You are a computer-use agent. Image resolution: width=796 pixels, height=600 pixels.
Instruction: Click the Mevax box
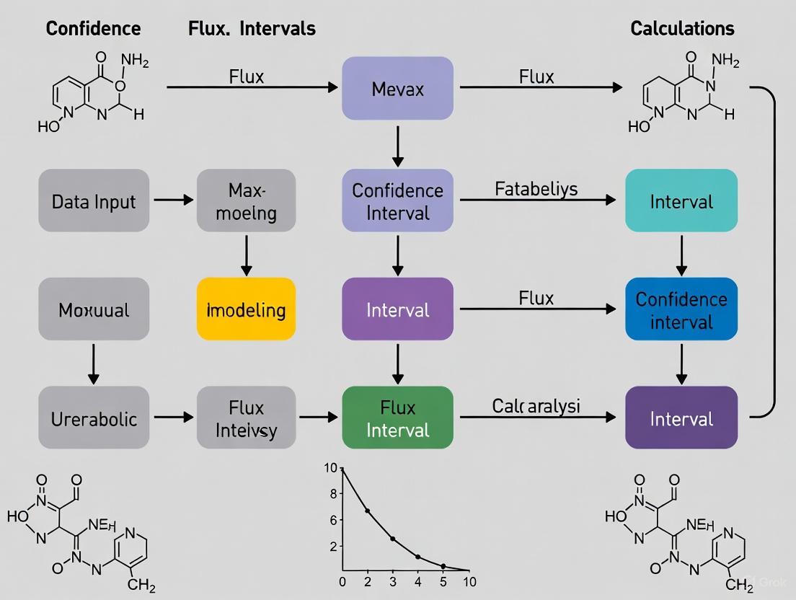click(397, 89)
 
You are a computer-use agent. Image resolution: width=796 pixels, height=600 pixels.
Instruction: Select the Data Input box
click(94, 200)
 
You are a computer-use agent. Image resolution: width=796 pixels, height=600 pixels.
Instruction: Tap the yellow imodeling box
click(246, 309)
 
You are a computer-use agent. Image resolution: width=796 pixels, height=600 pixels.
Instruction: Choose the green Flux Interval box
click(397, 418)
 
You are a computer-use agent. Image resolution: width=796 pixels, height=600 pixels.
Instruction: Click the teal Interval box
click(681, 200)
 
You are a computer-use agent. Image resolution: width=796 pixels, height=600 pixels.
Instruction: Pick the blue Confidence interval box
click(681, 309)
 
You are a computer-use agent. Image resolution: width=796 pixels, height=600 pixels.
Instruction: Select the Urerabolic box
click(94, 418)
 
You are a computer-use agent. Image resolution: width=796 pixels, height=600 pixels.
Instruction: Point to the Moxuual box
click(94, 309)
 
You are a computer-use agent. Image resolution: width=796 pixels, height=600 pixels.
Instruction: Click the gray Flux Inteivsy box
click(246, 418)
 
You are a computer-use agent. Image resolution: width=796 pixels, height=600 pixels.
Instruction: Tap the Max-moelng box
click(246, 200)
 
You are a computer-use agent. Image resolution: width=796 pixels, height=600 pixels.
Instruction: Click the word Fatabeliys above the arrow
click(536, 189)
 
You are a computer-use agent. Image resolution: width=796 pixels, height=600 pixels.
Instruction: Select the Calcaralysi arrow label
click(536, 406)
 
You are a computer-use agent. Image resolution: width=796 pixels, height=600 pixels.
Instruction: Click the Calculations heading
click(682, 28)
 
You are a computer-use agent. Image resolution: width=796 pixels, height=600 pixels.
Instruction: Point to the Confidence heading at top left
click(93, 28)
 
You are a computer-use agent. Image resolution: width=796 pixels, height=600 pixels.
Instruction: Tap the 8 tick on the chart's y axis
click(332, 494)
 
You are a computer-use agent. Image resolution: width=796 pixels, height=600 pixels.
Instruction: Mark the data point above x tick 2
click(368, 511)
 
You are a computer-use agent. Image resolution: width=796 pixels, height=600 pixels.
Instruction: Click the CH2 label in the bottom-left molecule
click(141, 586)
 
